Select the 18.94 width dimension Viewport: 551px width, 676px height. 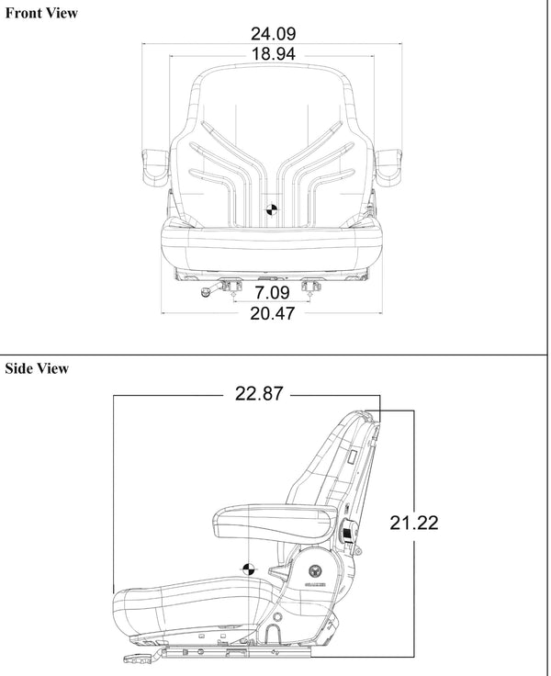[273, 55]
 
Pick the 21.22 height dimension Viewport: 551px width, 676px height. [412, 524]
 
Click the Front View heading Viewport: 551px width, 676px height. [42, 13]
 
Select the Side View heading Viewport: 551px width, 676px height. [37, 368]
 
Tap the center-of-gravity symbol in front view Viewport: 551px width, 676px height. [272, 209]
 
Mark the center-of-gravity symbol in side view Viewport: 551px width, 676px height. [248, 569]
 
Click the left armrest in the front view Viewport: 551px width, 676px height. [153, 166]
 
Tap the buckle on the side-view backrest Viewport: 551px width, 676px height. [350, 531]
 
